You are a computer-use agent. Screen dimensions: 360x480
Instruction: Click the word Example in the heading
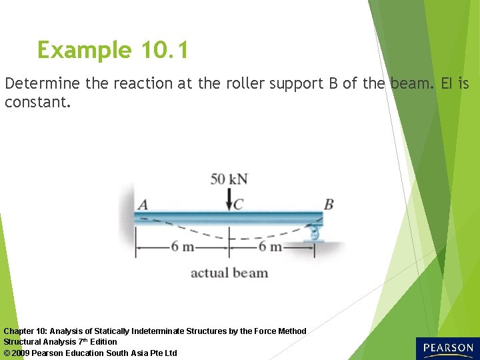click(x=85, y=51)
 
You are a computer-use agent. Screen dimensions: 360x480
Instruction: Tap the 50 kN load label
click(x=229, y=179)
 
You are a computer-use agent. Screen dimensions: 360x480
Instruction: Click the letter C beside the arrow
click(x=238, y=204)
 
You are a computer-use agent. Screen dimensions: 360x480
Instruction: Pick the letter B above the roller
click(x=328, y=203)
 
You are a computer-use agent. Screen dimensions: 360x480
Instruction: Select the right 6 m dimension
click(x=271, y=247)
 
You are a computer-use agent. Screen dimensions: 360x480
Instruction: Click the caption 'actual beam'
click(x=229, y=273)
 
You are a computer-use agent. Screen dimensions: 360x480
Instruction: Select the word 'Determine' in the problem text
click(x=42, y=84)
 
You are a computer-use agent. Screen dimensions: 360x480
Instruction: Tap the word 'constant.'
click(x=37, y=103)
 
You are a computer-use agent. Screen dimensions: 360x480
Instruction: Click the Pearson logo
click(x=447, y=348)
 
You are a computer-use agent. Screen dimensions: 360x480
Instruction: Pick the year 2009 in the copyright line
click(x=21, y=353)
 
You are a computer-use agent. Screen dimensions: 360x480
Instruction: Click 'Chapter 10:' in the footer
click(x=25, y=331)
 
